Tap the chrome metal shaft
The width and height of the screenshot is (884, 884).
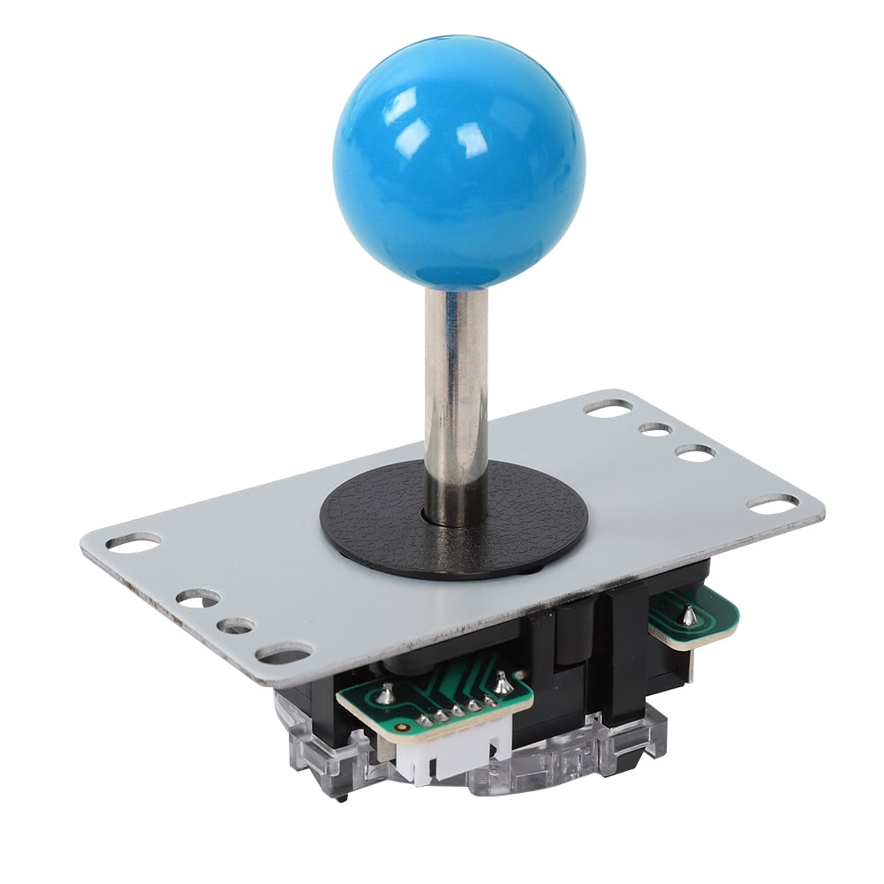coord(456,380)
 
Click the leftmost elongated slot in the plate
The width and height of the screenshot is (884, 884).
coord(133,541)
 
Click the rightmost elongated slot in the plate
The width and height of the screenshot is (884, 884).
coord(772,503)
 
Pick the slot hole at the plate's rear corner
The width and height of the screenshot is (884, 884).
coord(608,407)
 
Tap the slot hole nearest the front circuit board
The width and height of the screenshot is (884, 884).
coord(283,654)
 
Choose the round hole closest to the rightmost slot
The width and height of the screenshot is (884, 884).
coord(695,452)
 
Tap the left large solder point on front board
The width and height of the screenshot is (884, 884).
coord(385,693)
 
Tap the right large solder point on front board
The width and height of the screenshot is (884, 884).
coord(502,681)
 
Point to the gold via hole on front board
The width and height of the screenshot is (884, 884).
coord(403,728)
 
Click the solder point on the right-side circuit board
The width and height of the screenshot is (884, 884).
coord(690,616)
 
